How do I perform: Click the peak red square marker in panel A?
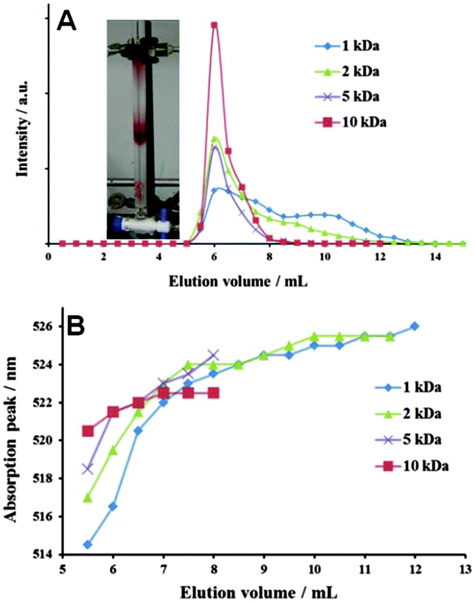214,25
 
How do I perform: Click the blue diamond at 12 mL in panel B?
415,326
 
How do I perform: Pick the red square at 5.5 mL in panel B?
88,431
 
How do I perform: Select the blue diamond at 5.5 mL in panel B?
88,545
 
